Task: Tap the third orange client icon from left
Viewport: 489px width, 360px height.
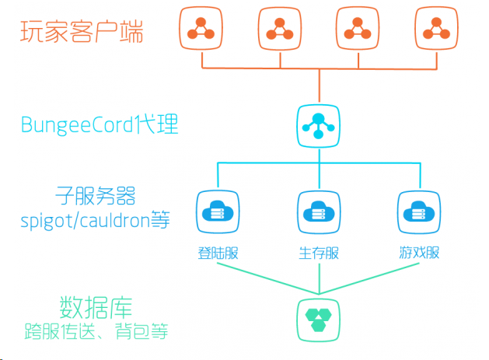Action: tap(358, 28)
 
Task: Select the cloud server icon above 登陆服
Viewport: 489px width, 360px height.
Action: tap(217, 211)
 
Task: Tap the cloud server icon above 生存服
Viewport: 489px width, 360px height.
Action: tap(319, 211)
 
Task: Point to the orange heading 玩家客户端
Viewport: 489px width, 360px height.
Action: tap(82, 33)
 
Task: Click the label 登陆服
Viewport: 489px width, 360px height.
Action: tap(217, 253)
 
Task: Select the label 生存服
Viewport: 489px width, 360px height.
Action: tap(319, 253)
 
